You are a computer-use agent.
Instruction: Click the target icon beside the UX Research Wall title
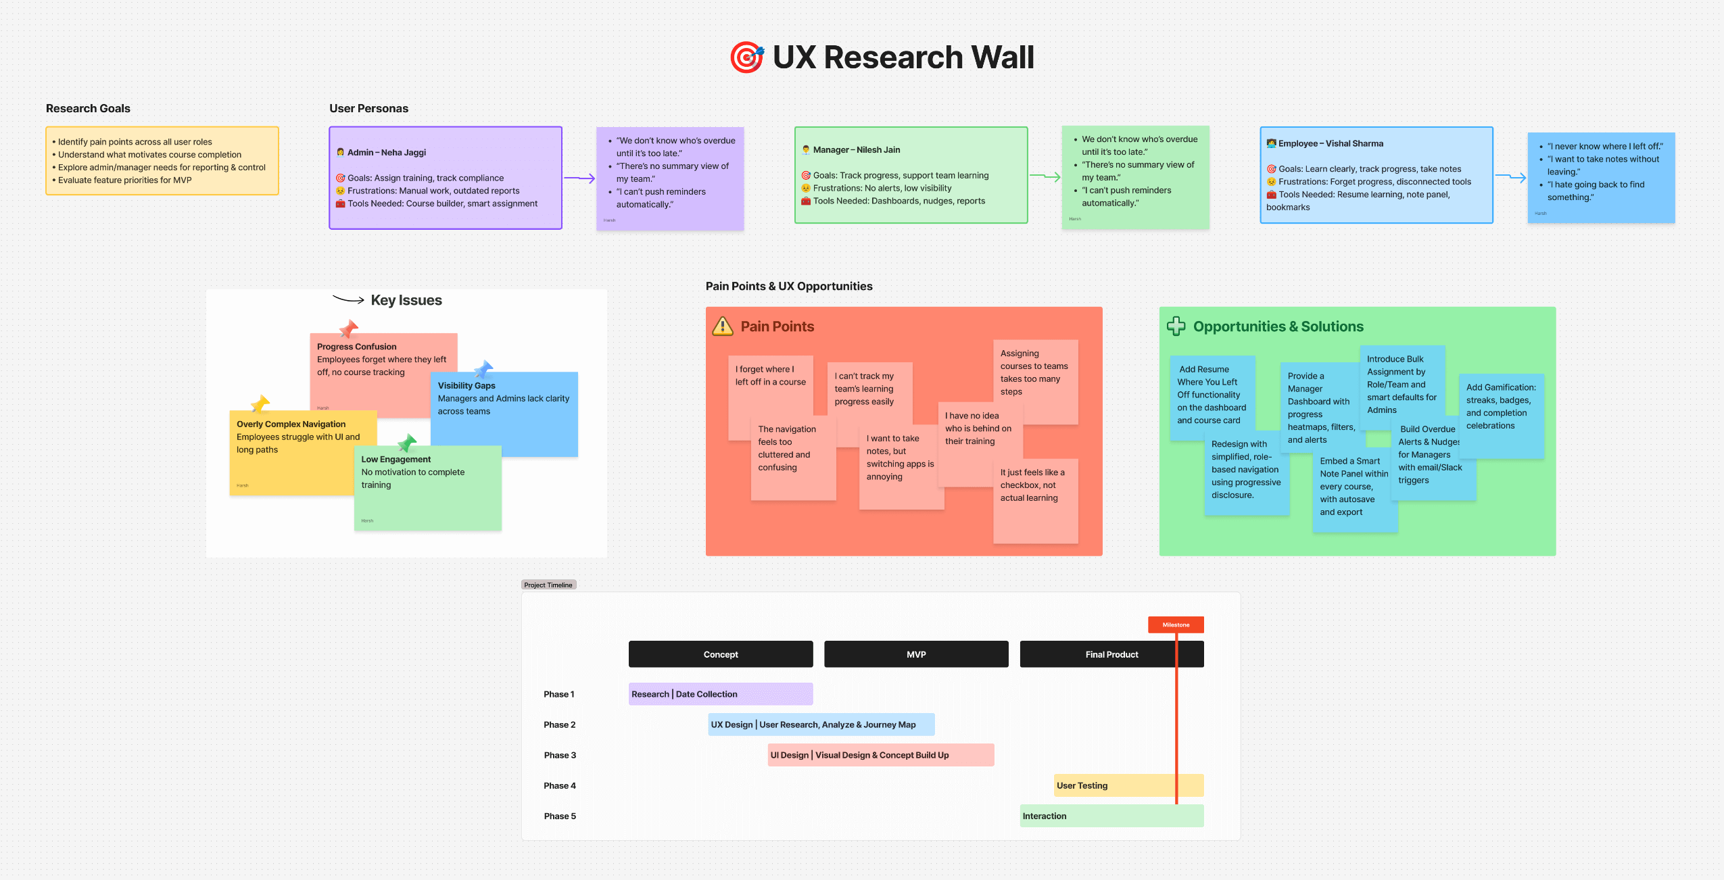point(746,57)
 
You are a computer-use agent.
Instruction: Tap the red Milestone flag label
point(1176,625)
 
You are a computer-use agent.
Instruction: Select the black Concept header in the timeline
point(721,654)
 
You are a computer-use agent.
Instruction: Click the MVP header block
point(916,654)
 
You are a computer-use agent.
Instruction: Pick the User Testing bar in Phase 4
point(1128,785)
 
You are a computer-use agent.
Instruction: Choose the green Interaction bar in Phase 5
point(1111,816)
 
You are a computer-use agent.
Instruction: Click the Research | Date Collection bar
point(721,694)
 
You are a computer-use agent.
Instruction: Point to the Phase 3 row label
point(560,755)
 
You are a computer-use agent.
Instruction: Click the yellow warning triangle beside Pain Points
point(723,326)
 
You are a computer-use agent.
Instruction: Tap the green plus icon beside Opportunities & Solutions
point(1176,326)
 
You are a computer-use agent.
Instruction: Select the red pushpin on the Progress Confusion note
point(349,329)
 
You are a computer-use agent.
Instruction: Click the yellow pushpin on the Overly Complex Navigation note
point(260,404)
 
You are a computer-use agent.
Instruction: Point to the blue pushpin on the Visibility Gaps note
point(483,369)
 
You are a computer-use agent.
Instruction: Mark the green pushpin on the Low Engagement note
point(407,443)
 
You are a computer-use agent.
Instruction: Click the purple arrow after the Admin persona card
point(579,178)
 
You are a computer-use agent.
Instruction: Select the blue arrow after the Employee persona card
point(1510,177)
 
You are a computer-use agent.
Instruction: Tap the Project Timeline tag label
point(548,585)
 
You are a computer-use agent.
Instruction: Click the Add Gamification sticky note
point(1501,416)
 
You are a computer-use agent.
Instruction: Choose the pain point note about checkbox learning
point(1035,500)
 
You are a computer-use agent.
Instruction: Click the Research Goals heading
point(88,108)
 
